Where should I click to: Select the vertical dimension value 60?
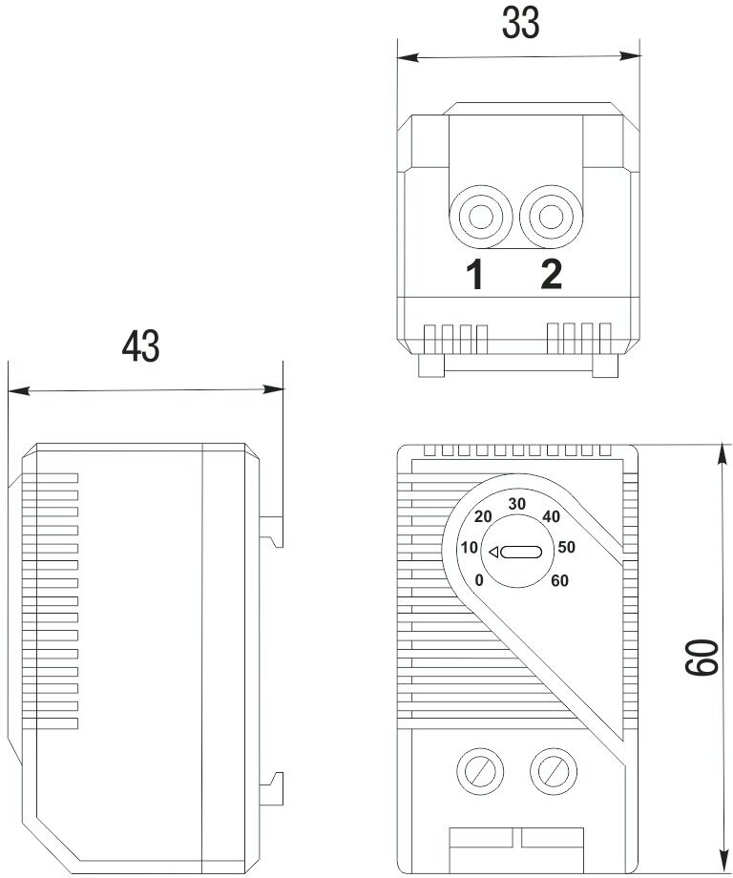(703, 658)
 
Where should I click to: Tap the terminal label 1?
(474, 276)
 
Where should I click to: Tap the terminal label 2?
(551, 276)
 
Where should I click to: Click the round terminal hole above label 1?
(477, 216)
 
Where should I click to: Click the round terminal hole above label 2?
(550, 216)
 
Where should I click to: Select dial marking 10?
(470, 548)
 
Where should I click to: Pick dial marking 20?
(483, 516)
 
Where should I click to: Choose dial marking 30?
(517, 504)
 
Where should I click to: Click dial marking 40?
(551, 516)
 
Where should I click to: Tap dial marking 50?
(566, 548)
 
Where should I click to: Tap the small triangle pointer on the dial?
(493, 552)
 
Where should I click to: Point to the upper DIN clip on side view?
(274, 530)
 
